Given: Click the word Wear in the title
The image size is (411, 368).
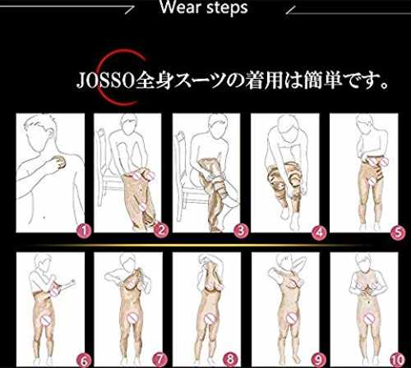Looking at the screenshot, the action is [180, 7].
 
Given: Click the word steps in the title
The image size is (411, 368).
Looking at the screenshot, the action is [227, 7].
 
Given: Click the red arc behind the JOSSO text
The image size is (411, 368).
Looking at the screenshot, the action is [101, 78].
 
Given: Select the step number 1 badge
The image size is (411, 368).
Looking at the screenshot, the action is [84, 231].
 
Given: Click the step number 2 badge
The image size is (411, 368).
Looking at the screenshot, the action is [161, 231].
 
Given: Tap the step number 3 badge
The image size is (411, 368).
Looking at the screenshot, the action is [241, 231].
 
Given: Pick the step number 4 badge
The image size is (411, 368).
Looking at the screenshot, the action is [319, 232].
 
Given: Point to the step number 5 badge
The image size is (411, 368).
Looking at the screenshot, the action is [398, 232].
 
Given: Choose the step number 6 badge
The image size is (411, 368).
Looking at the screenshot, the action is [84, 361].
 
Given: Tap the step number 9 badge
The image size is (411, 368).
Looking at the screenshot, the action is [318, 359].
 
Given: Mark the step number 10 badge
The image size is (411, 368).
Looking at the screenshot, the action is [397, 360].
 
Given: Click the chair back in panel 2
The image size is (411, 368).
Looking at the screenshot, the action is [101, 154].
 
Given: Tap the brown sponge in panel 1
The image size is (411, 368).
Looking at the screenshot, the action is [59, 162].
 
